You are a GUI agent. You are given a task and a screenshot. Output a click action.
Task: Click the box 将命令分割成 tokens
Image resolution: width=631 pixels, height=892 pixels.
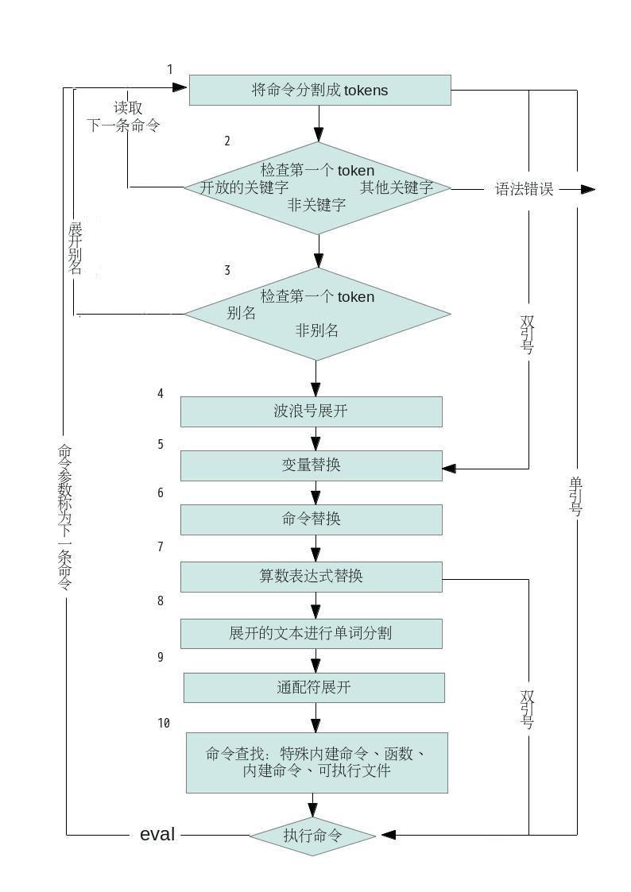(319, 90)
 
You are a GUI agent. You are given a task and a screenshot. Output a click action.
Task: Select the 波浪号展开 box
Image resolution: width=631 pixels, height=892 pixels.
(312, 411)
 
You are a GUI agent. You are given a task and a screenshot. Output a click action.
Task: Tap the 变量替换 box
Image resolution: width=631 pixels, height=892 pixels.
(312, 465)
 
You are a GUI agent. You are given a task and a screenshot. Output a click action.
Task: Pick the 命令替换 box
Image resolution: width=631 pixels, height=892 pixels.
(312, 519)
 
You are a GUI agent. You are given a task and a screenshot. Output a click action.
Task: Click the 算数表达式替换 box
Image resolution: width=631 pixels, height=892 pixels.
(312, 577)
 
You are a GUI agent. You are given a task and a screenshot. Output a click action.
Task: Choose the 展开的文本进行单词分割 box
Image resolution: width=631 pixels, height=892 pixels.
(312, 633)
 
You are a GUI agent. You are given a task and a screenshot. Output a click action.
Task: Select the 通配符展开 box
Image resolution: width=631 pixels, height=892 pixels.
(313, 687)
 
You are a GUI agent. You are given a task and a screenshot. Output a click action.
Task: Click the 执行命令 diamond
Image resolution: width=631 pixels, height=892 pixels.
(312, 835)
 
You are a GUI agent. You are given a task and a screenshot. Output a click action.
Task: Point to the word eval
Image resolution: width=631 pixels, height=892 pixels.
(157, 835)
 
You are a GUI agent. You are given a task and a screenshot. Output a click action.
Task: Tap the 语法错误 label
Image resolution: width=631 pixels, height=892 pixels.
(524, 189)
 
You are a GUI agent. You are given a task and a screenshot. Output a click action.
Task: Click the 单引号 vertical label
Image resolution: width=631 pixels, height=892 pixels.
(576, 496)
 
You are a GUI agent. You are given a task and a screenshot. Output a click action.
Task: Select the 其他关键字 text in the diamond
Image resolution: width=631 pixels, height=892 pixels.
(397, 187)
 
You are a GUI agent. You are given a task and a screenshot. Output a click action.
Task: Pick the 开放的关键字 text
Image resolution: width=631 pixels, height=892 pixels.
(244, 187)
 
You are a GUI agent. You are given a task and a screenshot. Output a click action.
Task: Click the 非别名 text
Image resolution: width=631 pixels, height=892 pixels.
(317, 330)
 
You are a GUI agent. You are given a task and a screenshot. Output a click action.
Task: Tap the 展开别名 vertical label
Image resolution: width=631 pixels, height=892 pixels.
(75, 249)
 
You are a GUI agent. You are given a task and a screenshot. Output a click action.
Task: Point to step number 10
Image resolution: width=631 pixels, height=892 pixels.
(164, 723)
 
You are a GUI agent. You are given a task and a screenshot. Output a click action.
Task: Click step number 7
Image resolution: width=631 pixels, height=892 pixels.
(161, 546)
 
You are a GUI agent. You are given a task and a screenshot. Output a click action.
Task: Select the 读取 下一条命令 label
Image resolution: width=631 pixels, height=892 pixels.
(123, 117)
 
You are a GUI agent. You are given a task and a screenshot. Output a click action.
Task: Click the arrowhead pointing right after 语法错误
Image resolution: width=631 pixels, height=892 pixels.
(588, 189)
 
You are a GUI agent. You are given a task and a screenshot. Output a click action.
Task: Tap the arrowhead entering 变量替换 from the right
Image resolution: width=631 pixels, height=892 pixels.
(450, 469)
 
